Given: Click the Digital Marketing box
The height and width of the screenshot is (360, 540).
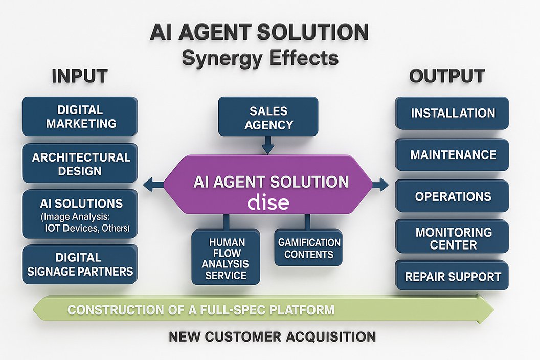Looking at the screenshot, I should click(79, 117).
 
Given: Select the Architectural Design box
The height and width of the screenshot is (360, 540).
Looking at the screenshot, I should click(79, 164).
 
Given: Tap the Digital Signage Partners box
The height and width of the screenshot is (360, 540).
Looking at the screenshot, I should click(79, 264).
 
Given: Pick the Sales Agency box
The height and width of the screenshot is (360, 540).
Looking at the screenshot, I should click(268, 118).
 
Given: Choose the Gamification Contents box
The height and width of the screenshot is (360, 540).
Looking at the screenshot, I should click(309, 247).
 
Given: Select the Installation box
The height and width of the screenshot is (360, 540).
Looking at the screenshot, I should click(452, 112).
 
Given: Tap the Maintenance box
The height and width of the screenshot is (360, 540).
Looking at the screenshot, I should click(452, 154).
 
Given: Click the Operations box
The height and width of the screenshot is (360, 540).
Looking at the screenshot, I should click(452, 196).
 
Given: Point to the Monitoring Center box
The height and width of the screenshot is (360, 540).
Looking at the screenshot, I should click(452, 238).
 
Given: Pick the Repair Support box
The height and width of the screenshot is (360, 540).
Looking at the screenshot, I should click(452, 277).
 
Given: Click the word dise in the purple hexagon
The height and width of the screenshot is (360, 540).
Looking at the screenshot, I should click(268, 202).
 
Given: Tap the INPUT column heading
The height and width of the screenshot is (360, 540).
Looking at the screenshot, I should click(79, 76).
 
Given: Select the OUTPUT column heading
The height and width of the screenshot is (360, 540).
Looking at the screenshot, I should click(447, 76).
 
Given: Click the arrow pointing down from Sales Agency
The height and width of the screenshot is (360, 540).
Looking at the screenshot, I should click(267, 147).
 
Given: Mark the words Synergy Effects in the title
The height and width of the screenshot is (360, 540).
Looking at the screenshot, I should click(260, 58).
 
